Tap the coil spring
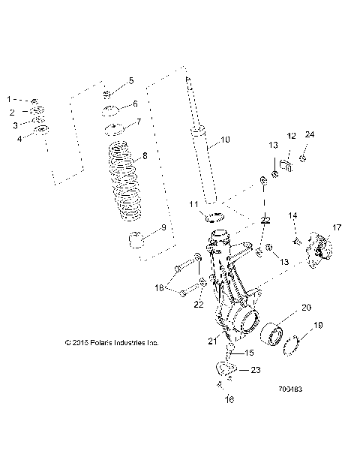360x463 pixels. coord(123,180)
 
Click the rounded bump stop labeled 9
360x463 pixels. coord(136,242)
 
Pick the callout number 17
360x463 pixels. coord(337,227)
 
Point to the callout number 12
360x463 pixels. coord(292,136)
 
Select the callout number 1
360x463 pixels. coord(10,99)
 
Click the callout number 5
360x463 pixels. coord(130,80)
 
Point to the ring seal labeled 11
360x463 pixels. coord(216,218)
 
